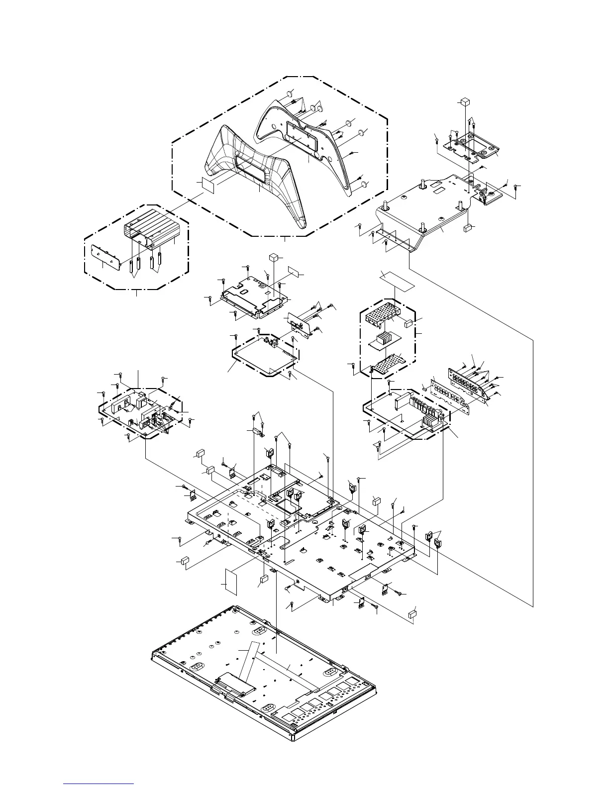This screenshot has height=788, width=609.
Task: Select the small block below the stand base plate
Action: click(x=467, y=229)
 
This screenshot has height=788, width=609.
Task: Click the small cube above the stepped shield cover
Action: click(x=273, y=257)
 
